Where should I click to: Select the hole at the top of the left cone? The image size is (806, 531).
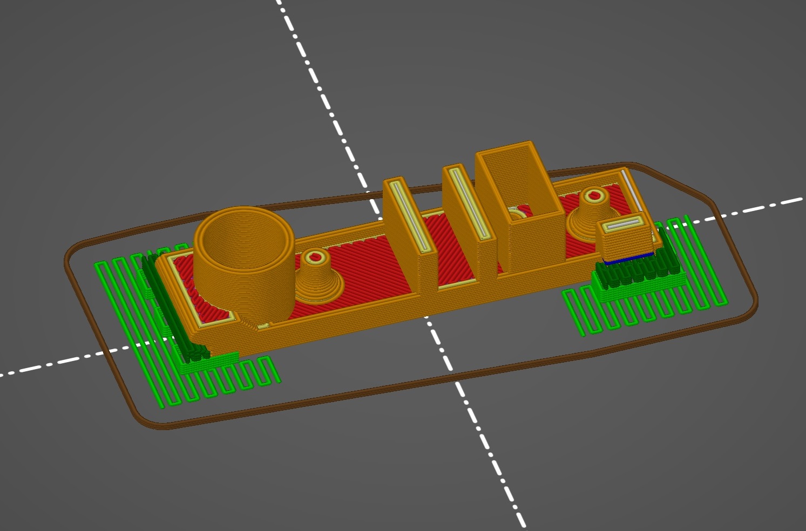(x=313, y=257)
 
